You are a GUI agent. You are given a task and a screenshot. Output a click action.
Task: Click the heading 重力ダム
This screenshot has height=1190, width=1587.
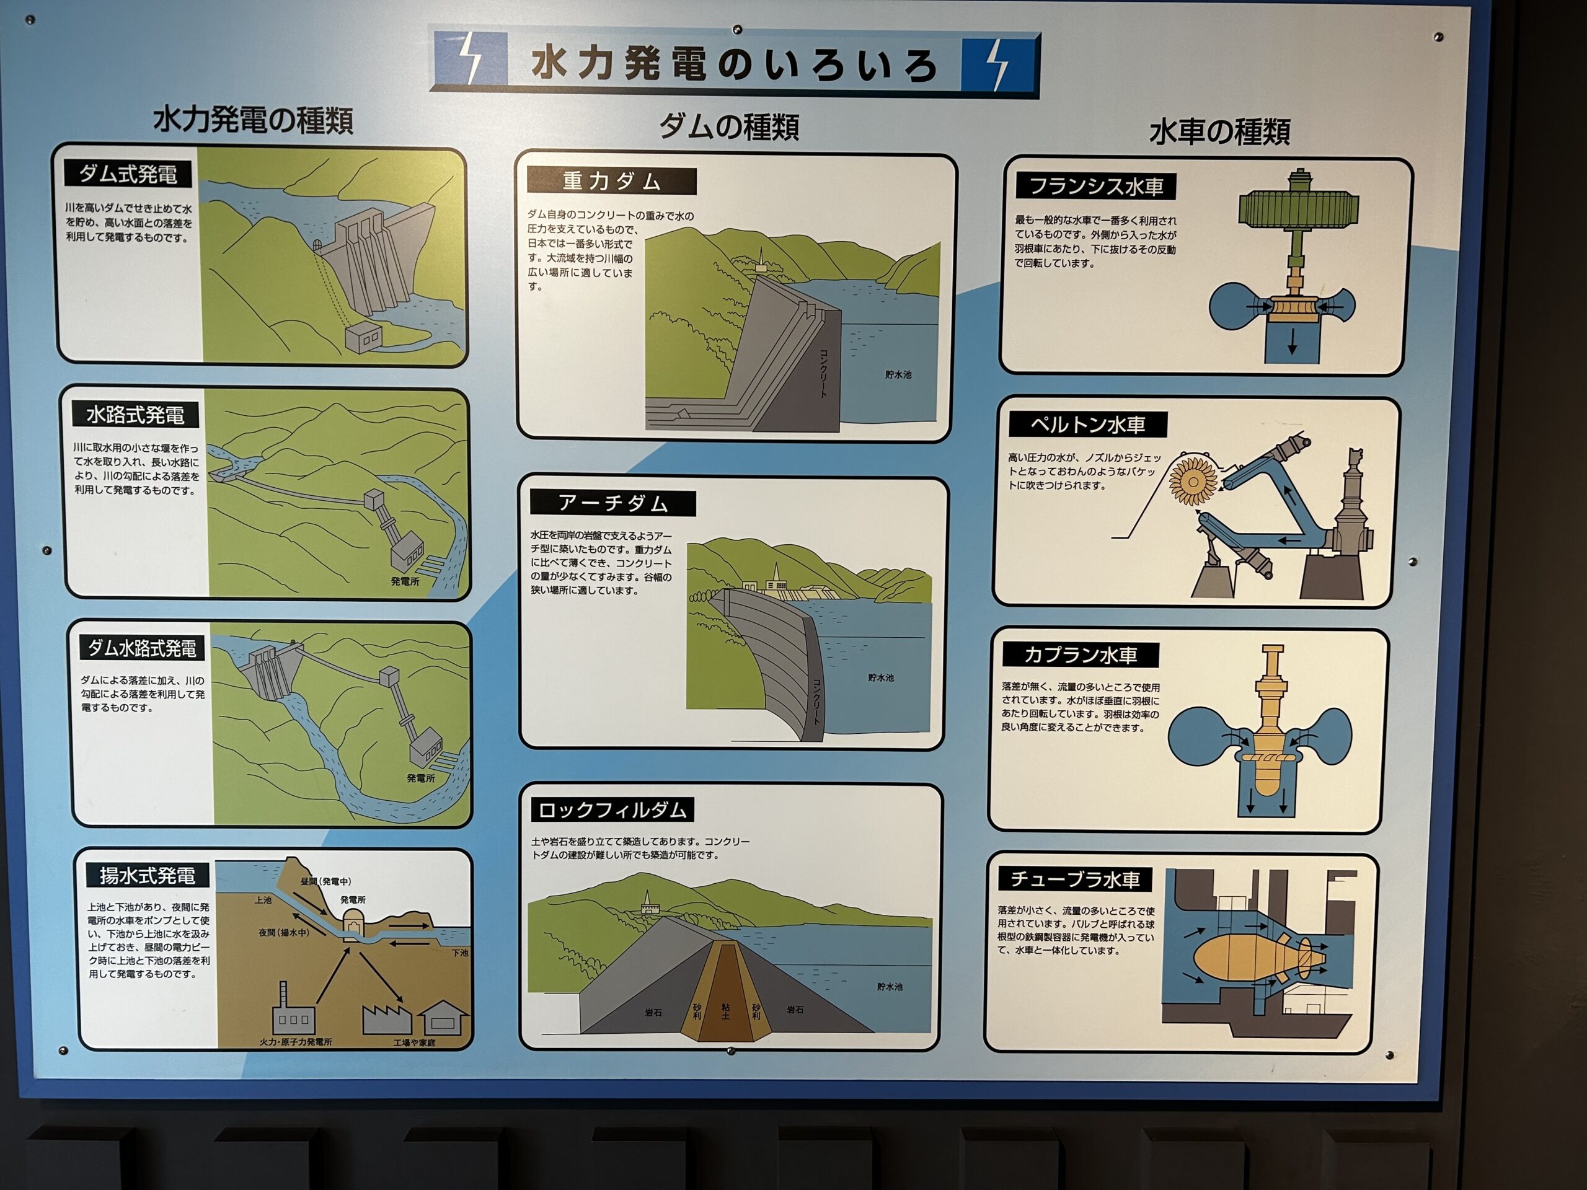click(611, 181)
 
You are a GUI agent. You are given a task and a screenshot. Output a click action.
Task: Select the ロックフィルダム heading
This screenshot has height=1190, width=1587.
click(612, 810)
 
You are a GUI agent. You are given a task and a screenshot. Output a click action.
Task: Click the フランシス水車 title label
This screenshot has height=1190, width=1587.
click(1095, 187)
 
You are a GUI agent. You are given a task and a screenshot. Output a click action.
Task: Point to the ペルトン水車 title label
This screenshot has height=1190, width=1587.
click(1088, 425)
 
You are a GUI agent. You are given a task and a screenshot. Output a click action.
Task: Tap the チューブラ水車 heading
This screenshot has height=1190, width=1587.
click(1075, 879)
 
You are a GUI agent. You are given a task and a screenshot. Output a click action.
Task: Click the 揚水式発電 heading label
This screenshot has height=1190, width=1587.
click(148, 876)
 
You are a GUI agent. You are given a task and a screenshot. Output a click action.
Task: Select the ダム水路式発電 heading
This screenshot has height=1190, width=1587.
click(142, 648)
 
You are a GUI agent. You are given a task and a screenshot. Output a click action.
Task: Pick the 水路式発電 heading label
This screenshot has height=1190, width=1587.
click(136, 415)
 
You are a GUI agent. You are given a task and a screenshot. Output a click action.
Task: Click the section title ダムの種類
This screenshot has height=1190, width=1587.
click(729, 127)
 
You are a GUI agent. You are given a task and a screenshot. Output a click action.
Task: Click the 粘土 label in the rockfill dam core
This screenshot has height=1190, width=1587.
click(725, 1011)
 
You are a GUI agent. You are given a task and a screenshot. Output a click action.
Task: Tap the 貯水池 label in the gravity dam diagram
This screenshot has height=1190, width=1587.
click(898, 374)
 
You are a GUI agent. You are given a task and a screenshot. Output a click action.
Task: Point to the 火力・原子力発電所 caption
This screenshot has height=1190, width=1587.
click(296, 1041)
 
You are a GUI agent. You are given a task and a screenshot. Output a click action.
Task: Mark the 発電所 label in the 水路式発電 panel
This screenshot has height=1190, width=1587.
click(405, 581)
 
